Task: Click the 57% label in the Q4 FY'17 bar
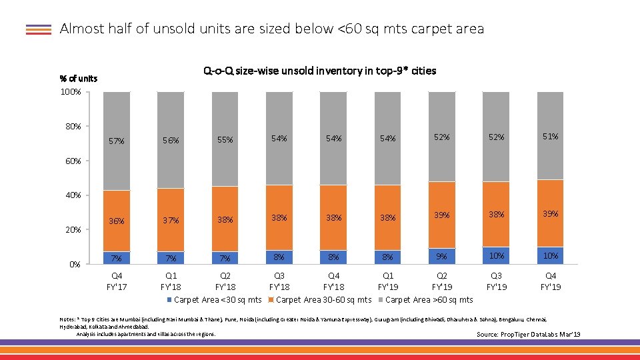point(117,141)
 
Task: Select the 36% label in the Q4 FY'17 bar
point(117,221)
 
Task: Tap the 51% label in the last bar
point(551,137)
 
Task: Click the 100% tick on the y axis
point(71,91)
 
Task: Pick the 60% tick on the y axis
point(72,161)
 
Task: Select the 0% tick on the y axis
point(75,264)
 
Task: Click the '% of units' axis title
point(78,79)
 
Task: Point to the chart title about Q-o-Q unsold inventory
point(319,71)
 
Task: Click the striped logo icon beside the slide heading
point(39,29)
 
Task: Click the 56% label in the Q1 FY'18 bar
point(171,141)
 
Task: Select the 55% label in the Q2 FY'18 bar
point(225,140)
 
